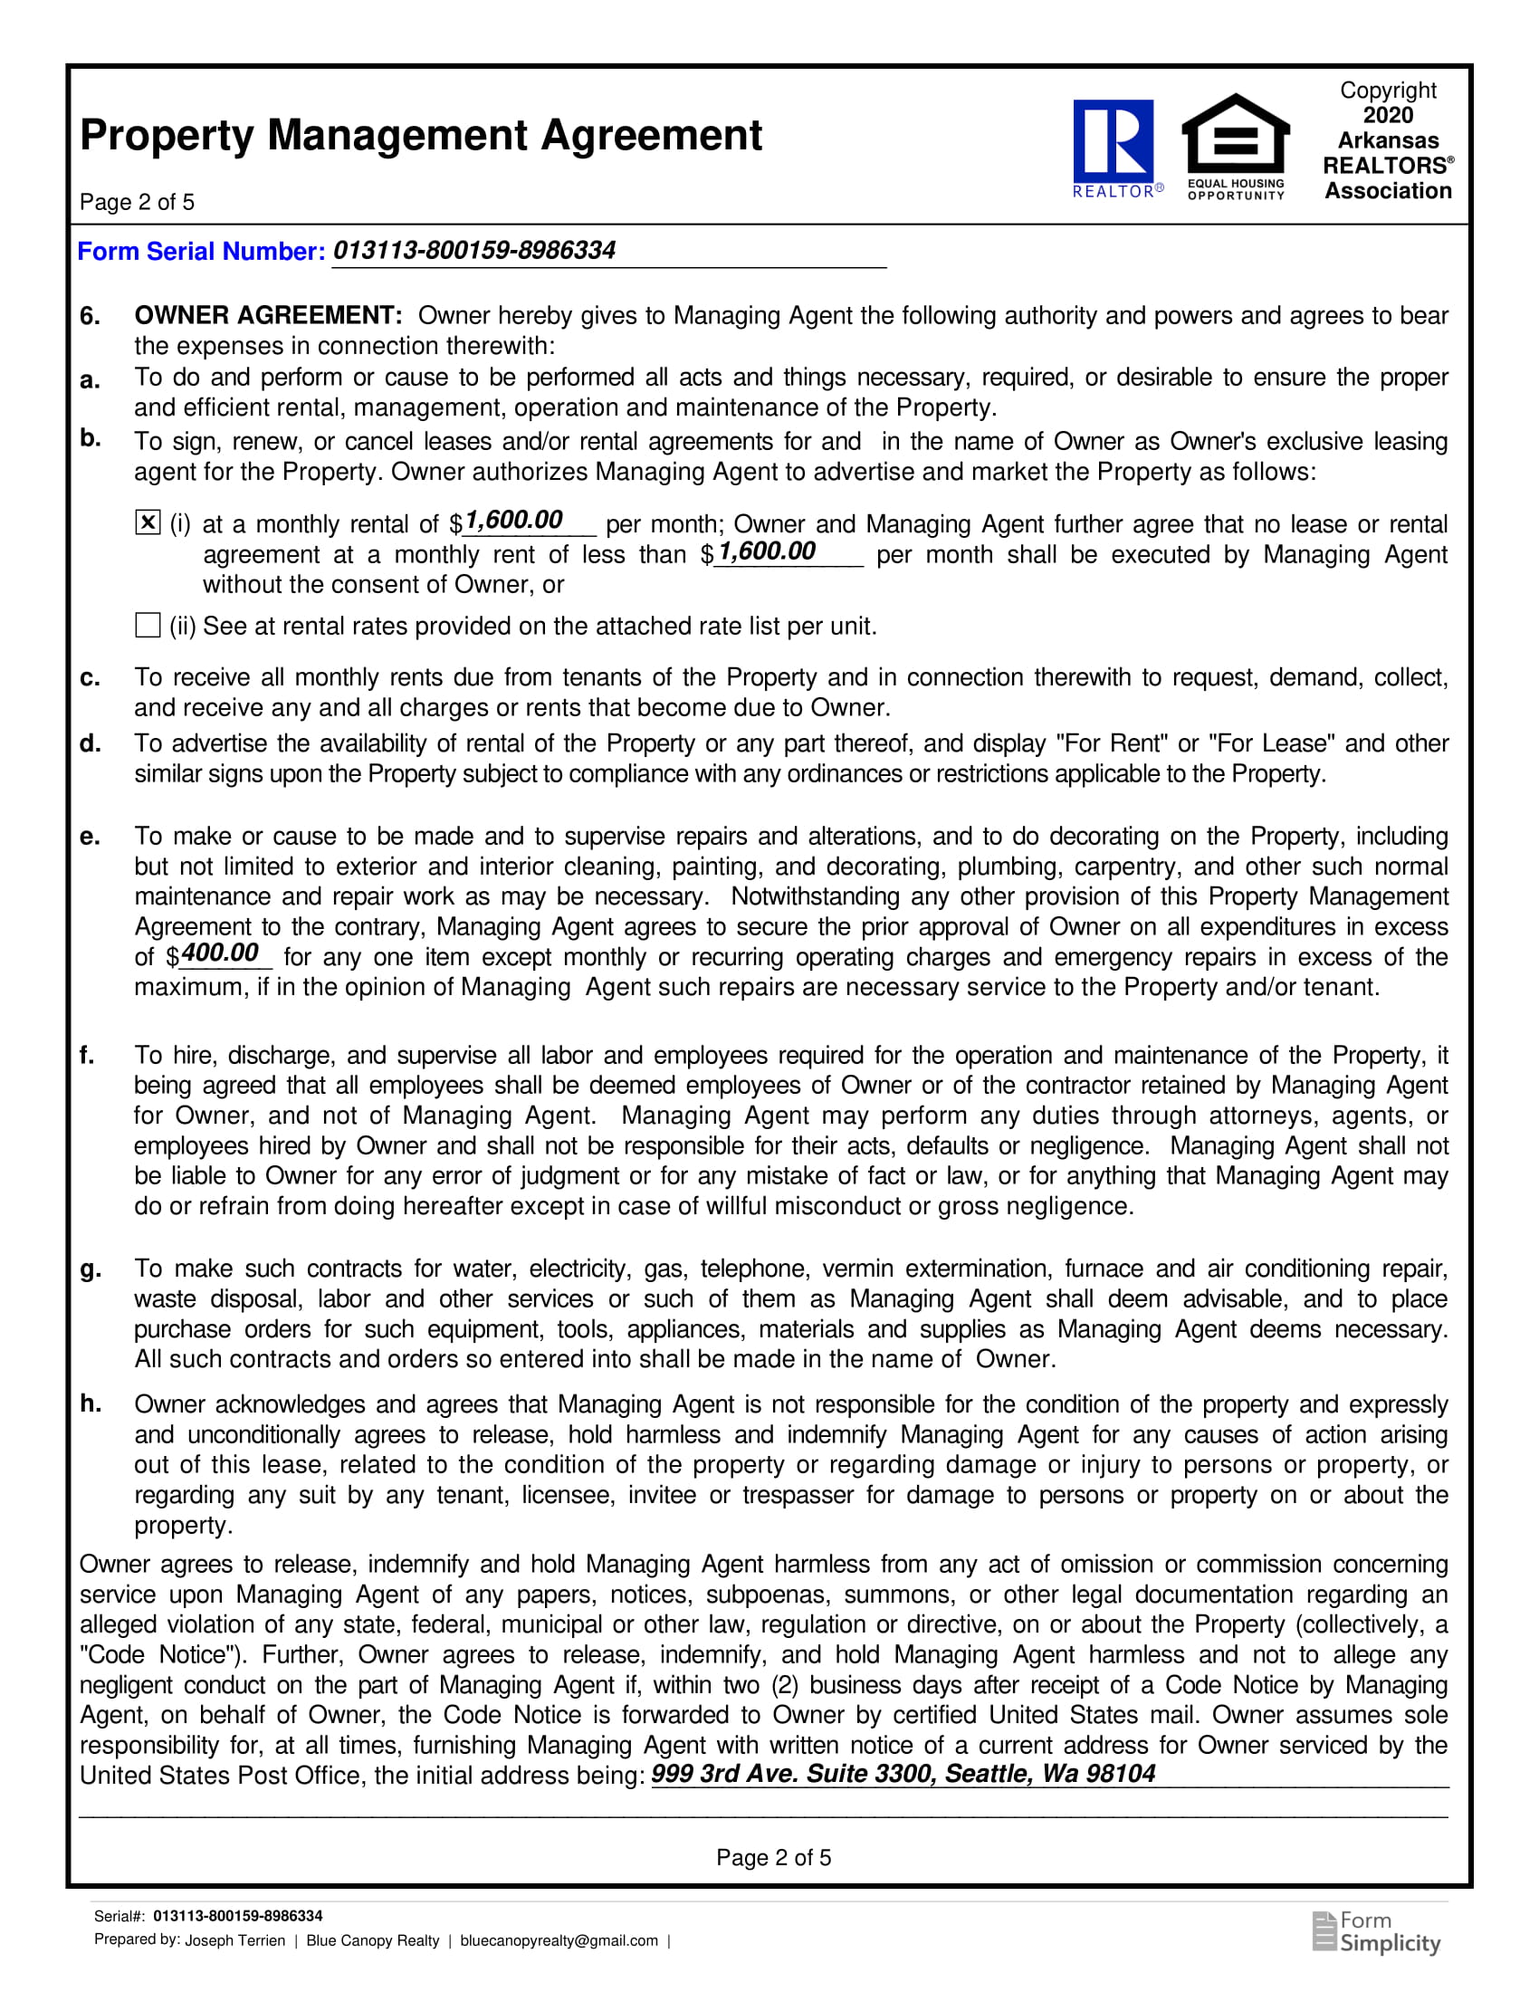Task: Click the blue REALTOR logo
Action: click(x=1114, y=146)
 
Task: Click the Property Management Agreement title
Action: click(x=420, y=136)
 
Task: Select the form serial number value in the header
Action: click(x=474, y=251)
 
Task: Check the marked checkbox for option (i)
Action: click(x=148, y=522)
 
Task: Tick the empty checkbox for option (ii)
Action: click(x=148, y=625)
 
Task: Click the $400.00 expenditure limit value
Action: click(x=220, y=954)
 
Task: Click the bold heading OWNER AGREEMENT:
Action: click(x=268, y=316)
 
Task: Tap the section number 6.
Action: click(x=90, y=317)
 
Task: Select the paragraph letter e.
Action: click(x=89, y=837)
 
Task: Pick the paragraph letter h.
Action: click(x=90, y=1404)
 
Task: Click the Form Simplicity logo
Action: click(x=1377, y=1933)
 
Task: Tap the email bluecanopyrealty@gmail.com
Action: click(x=559, y=1941)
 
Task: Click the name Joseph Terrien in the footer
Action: click(x=235, y=1941)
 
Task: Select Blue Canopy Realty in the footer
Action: click(x=373, y=1941)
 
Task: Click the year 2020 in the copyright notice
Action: click(x=1388, y=116)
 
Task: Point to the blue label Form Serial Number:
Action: click(x=201, y=252)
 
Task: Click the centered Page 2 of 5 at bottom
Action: click(x=773, y=1858)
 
